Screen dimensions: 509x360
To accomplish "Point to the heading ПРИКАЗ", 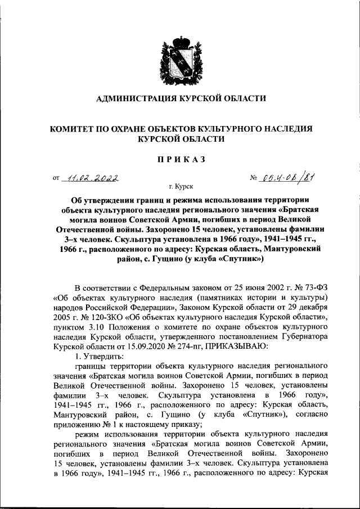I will pos(180,160).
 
